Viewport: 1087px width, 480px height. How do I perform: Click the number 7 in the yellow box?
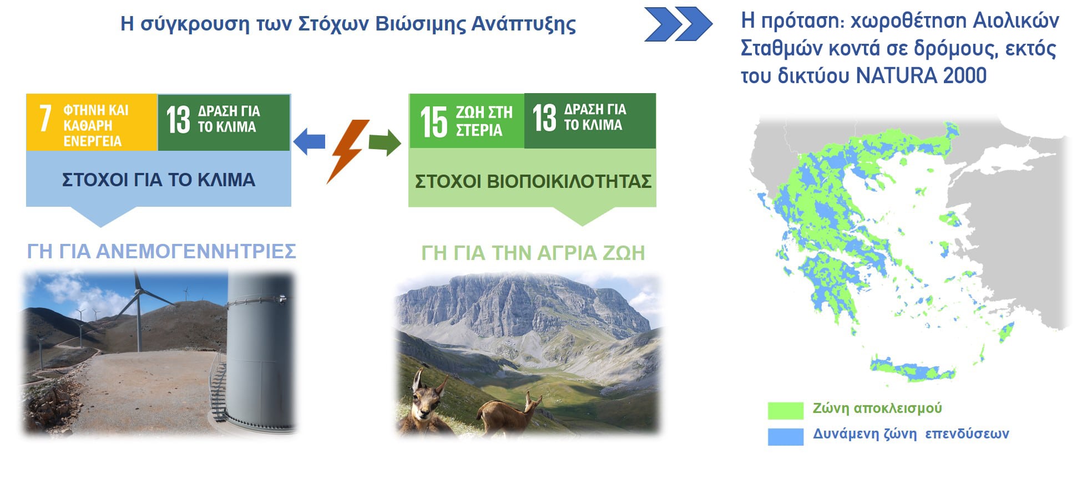tap(45, 118)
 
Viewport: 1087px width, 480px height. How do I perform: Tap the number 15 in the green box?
tap(434, 121)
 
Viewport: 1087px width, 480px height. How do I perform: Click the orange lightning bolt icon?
tap(347, 151)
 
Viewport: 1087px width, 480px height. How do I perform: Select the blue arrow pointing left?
tap(309, 141)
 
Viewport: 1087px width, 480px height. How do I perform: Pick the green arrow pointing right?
tap(385, 142)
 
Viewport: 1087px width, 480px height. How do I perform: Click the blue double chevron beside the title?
tap(678, 24)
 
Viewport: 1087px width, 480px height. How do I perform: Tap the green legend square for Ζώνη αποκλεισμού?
tap(785, 410)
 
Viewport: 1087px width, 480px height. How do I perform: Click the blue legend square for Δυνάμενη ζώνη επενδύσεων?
tap(785, 437)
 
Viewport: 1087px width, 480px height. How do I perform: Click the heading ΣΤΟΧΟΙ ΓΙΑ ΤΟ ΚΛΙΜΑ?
tap(159, 180)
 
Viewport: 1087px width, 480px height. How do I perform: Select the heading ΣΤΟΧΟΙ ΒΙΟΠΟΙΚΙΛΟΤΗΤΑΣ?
tap(533, 181)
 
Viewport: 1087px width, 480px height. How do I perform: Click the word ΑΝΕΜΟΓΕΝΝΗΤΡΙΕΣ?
tap(196, 251)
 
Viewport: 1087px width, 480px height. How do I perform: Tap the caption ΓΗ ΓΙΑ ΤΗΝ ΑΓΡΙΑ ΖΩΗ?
tap(533, 253)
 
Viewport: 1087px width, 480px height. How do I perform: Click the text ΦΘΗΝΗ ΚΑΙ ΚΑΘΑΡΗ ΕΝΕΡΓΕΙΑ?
tap(95, 126)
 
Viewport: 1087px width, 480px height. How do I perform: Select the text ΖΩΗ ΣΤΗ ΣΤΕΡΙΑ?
tap(484, 121)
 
